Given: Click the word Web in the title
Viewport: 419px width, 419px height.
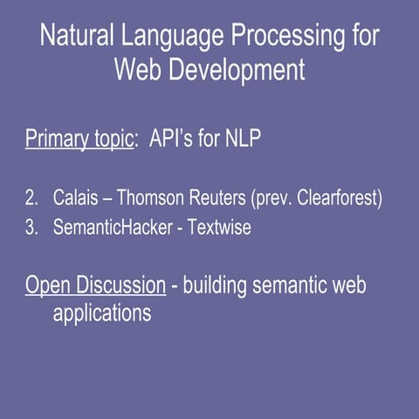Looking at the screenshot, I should pos(139,69).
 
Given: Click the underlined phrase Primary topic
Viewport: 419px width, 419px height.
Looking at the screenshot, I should pos(79,140).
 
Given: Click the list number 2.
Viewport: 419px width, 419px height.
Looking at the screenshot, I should pos(31,198).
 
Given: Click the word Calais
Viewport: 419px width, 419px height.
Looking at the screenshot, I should pos(76,198).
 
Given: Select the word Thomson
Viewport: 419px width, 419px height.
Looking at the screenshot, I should pos(155,198).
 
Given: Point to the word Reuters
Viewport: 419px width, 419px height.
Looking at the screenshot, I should pos(219,198).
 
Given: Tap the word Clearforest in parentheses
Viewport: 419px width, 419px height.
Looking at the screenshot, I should pos(338,198).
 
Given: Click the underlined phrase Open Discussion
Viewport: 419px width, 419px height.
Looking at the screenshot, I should pos(95,285).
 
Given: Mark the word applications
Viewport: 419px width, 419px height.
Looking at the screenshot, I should pos(101,313).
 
